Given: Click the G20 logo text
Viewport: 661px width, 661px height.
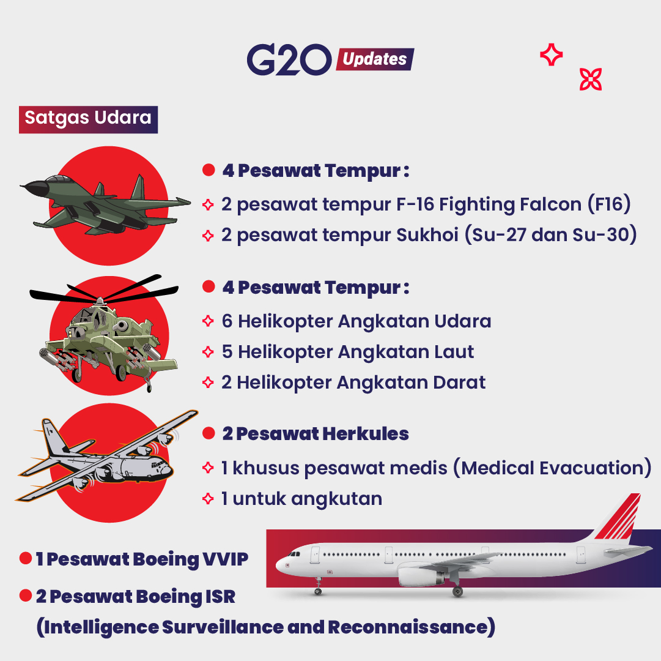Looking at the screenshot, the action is pyautogui.click(x=289, y=59).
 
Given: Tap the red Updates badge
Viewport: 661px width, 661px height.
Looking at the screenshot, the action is pyautogui.click(x=375, y=59).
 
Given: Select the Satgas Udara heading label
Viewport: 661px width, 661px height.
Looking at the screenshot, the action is pyautogui.click(x=88, y=119).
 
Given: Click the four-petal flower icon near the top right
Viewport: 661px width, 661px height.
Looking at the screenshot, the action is pyautogui.click(x=591, y=80).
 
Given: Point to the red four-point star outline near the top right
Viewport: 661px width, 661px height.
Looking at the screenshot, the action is pyautogui.click(x=552, y=54).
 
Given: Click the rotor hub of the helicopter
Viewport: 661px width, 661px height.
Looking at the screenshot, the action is pyautogui.click(x=100, y=301).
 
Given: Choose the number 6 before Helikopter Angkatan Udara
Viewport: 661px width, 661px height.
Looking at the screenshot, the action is pyautogui.click(x=227, y=321).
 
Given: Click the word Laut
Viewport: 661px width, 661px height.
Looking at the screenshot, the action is pyautogui.click(x=454, y=352).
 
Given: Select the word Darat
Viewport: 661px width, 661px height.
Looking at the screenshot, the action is pyautogui.click(x=459, y=383).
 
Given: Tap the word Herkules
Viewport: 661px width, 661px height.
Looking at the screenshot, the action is pyautogui.click(x=366, y=434).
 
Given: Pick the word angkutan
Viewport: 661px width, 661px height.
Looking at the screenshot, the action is pyautogui.click(x=336, y=499).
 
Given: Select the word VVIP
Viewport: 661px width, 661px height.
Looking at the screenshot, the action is pyautogui.click(x=226, y=559).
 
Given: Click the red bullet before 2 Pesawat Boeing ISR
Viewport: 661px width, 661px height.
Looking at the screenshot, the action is pyautogui.click(x=26, y=596).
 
